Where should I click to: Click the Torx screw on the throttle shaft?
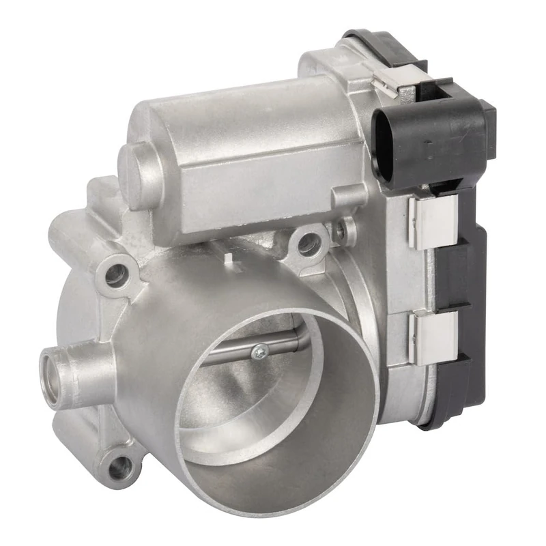coord(261,351)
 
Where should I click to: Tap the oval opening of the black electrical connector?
coord(384,144)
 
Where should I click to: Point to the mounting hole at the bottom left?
coord(119,467)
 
